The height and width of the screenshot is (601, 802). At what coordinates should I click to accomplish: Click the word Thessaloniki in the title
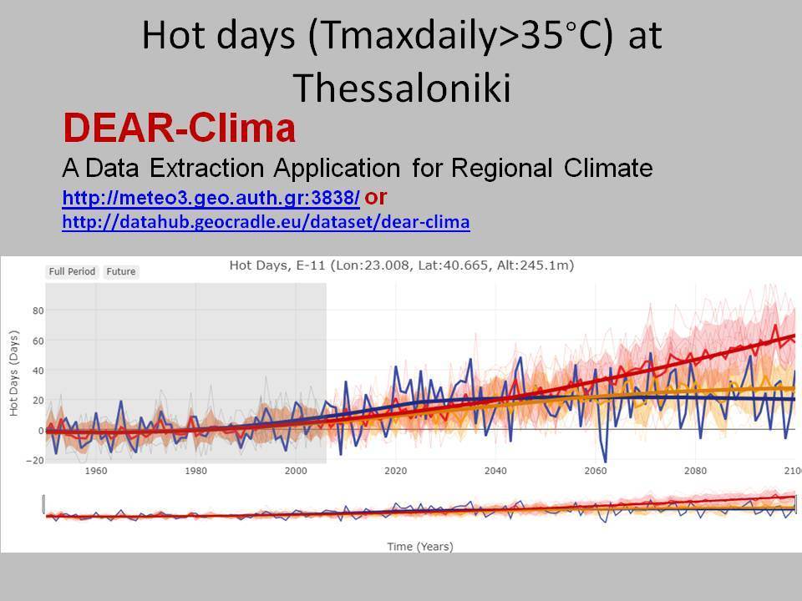pos(402,88)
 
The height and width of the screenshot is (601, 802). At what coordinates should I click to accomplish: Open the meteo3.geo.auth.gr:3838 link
pos(211,197)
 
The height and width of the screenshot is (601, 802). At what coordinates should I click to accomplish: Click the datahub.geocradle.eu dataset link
pos(266,222)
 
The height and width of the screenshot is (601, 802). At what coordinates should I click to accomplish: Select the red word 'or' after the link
pos(375,197)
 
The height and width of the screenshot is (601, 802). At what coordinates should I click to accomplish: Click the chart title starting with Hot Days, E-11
pos(402,265)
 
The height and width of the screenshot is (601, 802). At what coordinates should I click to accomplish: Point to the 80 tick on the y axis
pos(38,311)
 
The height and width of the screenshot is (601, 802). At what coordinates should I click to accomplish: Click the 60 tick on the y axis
pos(38,341)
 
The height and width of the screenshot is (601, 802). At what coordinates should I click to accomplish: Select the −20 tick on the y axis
pos(35,460)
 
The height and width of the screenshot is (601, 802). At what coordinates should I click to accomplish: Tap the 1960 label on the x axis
pos(95,471)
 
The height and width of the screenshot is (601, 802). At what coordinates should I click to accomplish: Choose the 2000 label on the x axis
pos(296,471)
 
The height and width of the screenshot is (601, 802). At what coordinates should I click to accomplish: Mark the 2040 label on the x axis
pos(495,471)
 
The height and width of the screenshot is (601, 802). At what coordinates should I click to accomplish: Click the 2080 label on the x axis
pos(696,471)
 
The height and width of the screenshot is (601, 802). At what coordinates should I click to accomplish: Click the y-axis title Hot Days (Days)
pos(14,373)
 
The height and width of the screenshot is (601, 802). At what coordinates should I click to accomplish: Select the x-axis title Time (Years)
pos(420,546)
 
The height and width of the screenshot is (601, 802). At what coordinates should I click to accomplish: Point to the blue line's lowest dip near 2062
pos(606,461)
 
